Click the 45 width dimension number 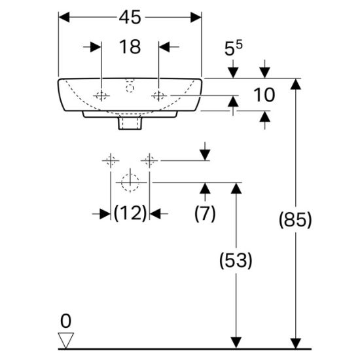tap(130, 18)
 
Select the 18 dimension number tap(130, 47)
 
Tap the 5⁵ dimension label tap(233, 48)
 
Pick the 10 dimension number tap(264, 95)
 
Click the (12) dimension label tap(130, 213)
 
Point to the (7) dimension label tap(205, 213)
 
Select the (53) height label tap(236, 260)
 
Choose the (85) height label tap(295, 219)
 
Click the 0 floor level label tap(65, 321)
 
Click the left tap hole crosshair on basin tap(101, 96)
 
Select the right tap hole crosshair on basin tap(159, 96)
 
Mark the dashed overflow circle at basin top tap(130, 88)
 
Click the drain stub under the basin tap(130, 123)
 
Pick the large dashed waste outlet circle tap(130, 183)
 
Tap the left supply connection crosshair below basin tap(111, 160)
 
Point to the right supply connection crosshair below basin tap(149, 160)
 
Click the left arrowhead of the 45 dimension tap(64, 18)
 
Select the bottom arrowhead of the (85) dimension tap(295, 344)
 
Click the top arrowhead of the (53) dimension tap(236, 189)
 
